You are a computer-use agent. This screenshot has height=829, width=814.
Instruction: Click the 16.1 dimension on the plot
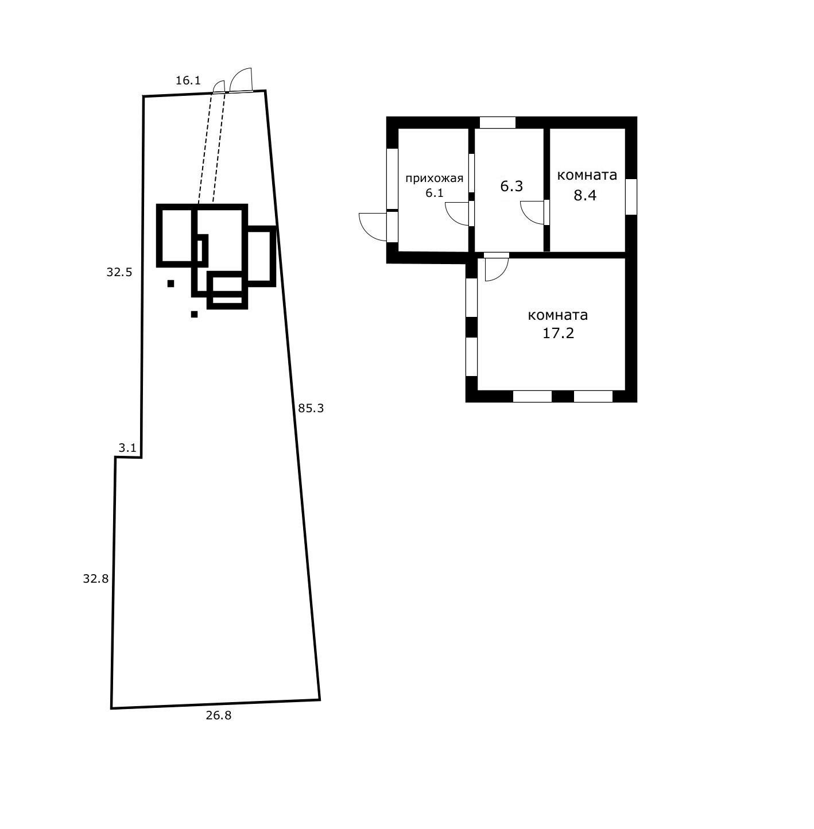tap(188, 80)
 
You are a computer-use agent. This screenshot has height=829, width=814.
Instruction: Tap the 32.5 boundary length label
tap(119, 272)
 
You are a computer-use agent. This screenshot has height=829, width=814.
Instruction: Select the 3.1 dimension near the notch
tap(127, 448)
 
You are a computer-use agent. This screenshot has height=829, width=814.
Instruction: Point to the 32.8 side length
tap(95, 579)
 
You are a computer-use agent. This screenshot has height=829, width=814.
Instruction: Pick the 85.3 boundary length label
tap(311, 408)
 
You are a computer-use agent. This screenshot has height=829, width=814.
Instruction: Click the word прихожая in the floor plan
tap(434, 179)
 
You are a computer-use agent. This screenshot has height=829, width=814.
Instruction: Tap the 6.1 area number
tap(434, 193)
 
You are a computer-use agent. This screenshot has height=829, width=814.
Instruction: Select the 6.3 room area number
tap(511, 186)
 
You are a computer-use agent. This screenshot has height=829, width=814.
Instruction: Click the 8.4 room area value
tap(585, 195)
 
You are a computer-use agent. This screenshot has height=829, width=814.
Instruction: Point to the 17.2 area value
tap(558, 334)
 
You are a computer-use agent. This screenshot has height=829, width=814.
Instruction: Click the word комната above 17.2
tap(557, 315)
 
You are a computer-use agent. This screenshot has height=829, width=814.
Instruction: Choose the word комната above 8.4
tap(587, 175)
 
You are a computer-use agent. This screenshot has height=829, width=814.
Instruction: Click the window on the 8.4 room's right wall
tap(631, 196)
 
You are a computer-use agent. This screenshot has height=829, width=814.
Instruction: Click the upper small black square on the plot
tap(171, 284)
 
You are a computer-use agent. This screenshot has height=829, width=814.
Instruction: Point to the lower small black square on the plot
tap(194, 315)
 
